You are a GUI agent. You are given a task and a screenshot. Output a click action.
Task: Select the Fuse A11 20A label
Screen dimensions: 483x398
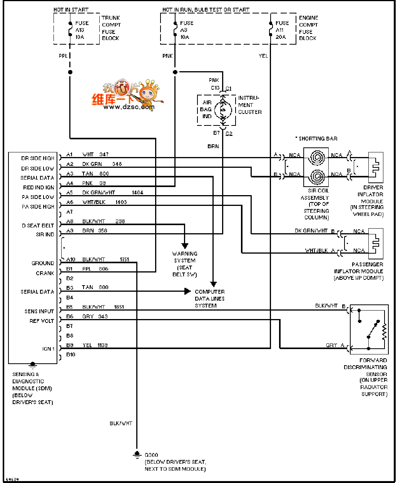[x=282, y=30]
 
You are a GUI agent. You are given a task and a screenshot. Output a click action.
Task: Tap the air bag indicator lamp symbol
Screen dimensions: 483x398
[x=222, y=110]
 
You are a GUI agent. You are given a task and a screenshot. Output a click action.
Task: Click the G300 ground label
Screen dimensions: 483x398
[x=151, y=455]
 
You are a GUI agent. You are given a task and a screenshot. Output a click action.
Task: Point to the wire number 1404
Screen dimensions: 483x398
[x=137, y=192]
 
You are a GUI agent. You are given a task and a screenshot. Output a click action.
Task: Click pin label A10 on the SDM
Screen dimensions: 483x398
[x=71, y=259]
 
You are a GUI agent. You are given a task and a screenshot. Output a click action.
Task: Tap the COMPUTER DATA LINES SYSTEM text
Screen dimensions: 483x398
[x=210, y=299]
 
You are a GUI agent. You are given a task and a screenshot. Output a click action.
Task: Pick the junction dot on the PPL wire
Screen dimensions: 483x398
[x=70, y=72]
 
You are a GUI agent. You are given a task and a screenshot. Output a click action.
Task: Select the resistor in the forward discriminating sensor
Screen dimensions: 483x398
[x=384, y=331]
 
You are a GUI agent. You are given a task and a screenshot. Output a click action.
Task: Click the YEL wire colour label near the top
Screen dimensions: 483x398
[x=263, y=56]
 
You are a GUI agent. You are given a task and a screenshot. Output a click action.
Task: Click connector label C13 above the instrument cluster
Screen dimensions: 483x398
[x=215, y=88]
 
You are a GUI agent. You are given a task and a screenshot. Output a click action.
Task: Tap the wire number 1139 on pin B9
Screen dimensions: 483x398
[x=102, y=345]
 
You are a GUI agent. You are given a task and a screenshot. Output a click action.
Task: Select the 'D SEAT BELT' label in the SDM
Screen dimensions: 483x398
[x=38, y=226]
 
